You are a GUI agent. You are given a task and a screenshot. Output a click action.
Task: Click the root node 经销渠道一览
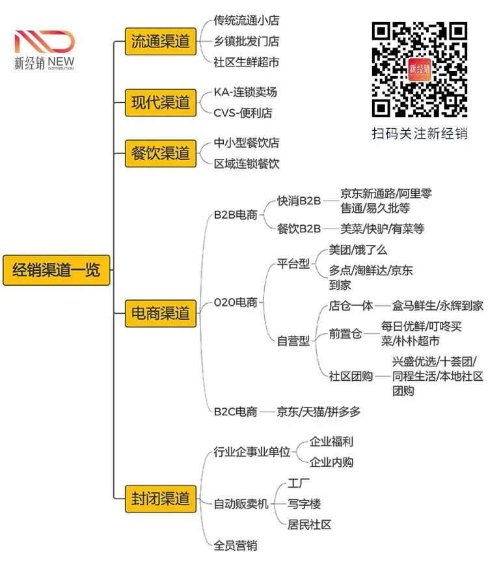click(56, 270)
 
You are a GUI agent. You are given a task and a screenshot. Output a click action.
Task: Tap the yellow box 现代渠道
click(160, 102)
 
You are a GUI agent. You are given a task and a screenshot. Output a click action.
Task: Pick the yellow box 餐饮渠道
click(160, 154)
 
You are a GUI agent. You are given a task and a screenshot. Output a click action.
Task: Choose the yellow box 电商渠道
click(160, 312)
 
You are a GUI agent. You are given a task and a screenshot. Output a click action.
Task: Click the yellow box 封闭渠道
click(160, 499)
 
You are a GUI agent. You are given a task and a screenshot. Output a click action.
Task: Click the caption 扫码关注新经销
click(420, 133)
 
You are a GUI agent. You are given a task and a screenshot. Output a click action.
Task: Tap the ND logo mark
click(44, 42)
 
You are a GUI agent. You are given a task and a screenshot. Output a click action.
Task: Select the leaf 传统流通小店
click(247, 21)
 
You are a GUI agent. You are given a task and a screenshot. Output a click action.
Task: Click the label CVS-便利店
click(243, 113)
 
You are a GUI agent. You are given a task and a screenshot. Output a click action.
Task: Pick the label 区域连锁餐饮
click(247, 163)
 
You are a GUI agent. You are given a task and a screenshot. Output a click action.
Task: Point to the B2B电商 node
click(236, 214)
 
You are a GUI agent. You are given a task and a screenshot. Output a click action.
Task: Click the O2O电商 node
click(236, 302)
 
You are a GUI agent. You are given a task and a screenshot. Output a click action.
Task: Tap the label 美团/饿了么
click(358, 250)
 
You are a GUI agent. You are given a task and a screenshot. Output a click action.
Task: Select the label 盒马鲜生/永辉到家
click(437, 305)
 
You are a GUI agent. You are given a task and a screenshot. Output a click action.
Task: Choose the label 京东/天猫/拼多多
click(318, 411)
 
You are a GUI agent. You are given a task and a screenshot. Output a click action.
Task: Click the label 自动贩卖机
click(241, 504)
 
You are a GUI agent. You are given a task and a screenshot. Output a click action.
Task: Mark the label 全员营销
click(236, 546)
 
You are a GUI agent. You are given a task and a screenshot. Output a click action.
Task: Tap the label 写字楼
click(305, 504)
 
